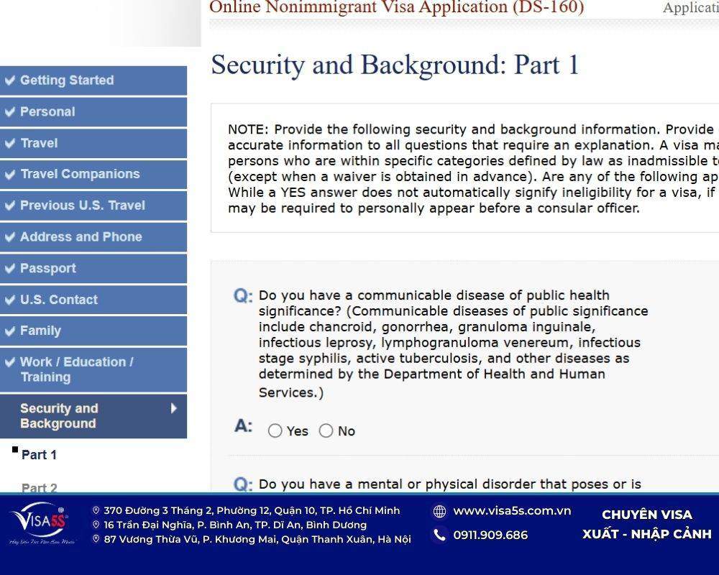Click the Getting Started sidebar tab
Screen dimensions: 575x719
[x=66, y=80]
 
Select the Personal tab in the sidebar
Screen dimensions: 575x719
[x=47, y=112]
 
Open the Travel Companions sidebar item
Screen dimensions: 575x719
[x=80, y=174]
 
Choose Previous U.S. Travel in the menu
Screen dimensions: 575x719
[x=82, y=206]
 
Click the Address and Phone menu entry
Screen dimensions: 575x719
[x=81, y=237]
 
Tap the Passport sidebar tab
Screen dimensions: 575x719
[x=47, y=269]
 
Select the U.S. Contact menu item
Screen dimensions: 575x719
[x=59, y=300]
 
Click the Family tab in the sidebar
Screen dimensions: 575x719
[x=40, y=331]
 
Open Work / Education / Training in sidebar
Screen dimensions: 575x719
[x=76, y=369]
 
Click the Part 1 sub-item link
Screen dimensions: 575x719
[x=39, y=455]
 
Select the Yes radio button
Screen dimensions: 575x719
[x=275, y=431]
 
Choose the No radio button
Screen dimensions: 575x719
[x=326, y=431]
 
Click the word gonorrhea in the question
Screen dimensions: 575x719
[x=416, y=327]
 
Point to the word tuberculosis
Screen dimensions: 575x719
[x=447, y=359]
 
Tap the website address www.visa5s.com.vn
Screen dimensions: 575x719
[x=512, y=511]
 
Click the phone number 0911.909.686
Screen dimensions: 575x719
[x=490, y=535]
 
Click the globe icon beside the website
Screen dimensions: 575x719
[x=439, y=511]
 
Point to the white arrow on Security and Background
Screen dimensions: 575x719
[x=174, y=409]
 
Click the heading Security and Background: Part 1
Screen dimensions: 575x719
[x=395, y=65]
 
